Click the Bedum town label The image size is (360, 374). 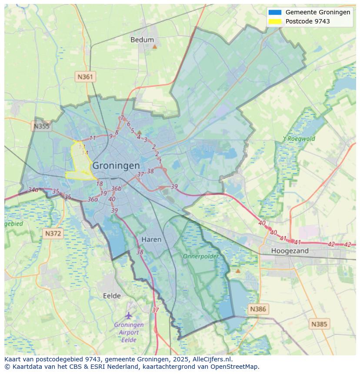pyautogui.click(x=142, y=40)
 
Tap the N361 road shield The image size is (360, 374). pyautogui.click(x=85, y=77)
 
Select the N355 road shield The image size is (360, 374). pyautogui.click(x=41, y=126)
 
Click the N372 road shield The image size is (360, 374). pyautogui.click(x=53, y=234)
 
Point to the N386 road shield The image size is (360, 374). pyautogui.click(x=257, y=309)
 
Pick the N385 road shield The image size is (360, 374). pyautogui.click(x=320, y=324)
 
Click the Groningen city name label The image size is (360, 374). pyautogui.click(x=116, y=165)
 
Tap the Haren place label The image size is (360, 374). pyautogui.click(x=151, y=239)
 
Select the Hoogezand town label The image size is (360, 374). pyautogui.click(x=290, y=251)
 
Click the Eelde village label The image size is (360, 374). pyautogui.click(x=112, y=296)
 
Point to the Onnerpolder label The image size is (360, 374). pyautogui.click(x=200, y=256)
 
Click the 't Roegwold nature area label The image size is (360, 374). pyautogui.click(x=299, y=139)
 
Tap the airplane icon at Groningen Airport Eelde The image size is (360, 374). pyautogui.click(x=129, y=315)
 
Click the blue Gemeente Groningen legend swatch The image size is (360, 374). pyautogui.click(x=275, y=12)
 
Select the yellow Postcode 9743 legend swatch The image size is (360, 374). pyautogui.click(x=275, y=21)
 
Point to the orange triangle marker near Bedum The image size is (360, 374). pyautogui.click(x=154, y=46)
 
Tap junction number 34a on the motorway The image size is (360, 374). pyautogui.click(x=33, y=190)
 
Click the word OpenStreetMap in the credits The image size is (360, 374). pyautogui.click(x=234, y=367)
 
